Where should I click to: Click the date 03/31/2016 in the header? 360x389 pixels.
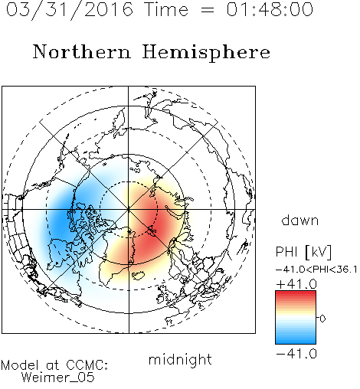click(x=70, y=10)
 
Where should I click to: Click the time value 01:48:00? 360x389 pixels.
click(x=270, y=9)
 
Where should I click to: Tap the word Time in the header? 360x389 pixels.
click(x=166, y=9)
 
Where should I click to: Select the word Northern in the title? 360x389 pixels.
click(x=82, y=51)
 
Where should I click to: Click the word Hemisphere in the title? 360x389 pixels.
click(x=206, y=53)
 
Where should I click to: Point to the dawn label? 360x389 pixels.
click(x=299, y=220)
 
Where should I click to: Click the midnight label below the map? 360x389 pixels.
click(x=180, y=360)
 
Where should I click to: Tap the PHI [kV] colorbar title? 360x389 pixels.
click(x=303, y=252)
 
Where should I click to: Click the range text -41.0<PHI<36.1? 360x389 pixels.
click(x=316, y=270)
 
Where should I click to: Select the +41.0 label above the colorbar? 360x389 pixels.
click(x=296, y=284)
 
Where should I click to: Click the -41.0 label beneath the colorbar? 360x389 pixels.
click(x=296, y=354)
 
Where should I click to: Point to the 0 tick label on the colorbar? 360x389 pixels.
click(x=322, y=319)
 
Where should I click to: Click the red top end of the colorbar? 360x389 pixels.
click(x=296, y=293)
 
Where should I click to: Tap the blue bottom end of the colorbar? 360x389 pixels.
click(x=296, y=341)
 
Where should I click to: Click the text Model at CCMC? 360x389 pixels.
click(x=54, y=365)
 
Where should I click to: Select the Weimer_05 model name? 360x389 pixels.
click(x=58, y=378)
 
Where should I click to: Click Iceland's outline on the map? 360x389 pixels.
click(x=138, y=276)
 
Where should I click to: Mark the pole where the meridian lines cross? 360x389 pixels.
click(x=129, y=209)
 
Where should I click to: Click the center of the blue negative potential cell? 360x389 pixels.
click(x=63, y=217)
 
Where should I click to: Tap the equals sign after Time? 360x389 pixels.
click(x=207, y=10)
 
